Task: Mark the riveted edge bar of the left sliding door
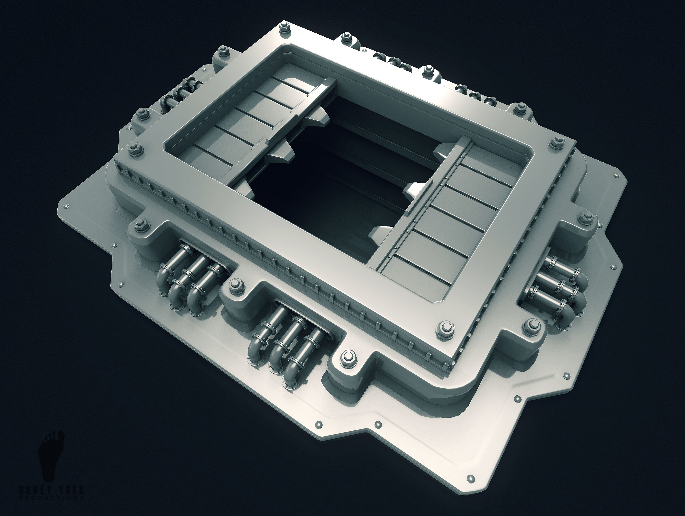click(x=283, y=130)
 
